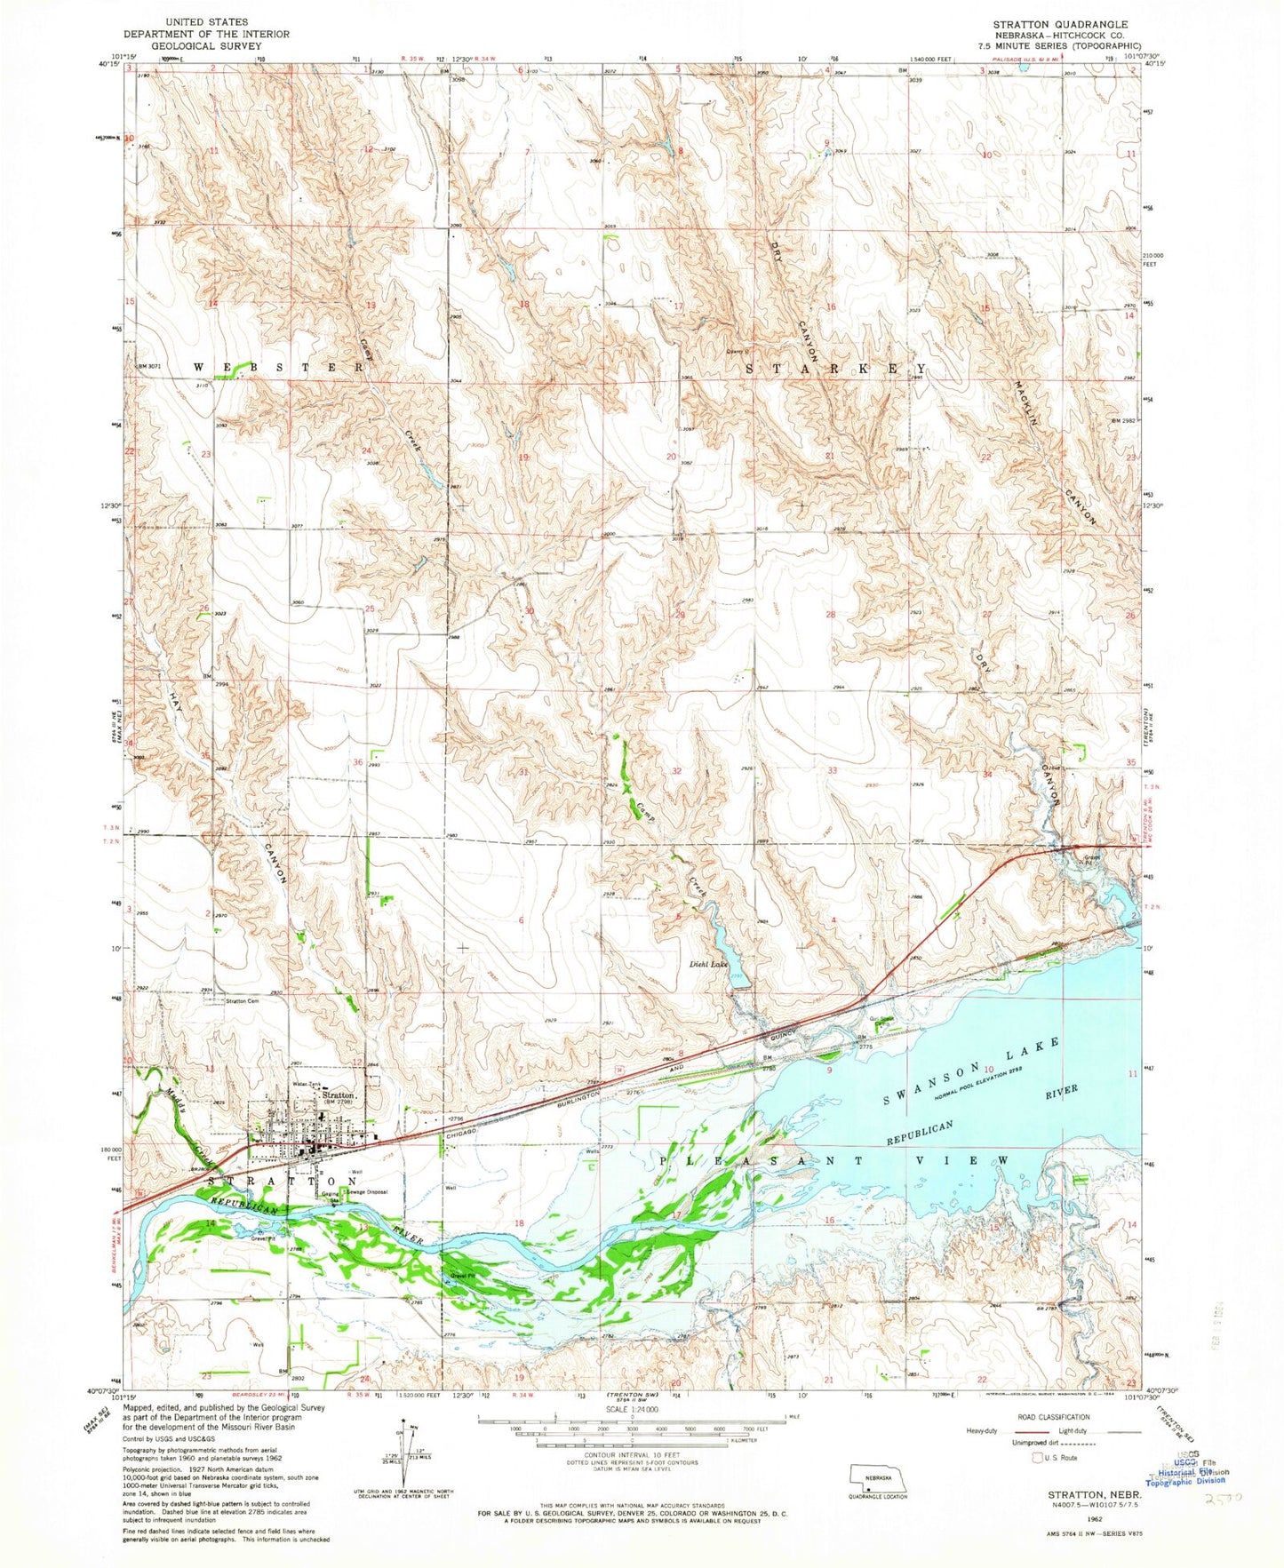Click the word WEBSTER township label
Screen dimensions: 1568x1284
point(278,367)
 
